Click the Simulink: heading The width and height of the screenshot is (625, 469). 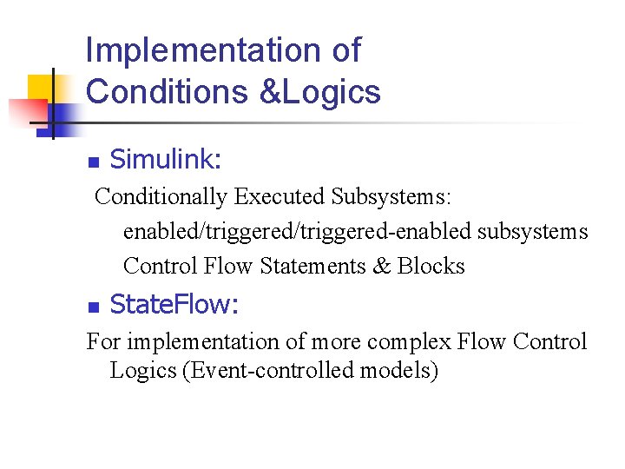(x=166, y=160)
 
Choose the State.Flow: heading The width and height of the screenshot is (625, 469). (x=174, y=305)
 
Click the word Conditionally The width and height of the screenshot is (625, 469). (x=161, y=197)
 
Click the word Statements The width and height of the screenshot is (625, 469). (x=312, y=266)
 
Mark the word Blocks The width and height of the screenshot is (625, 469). (x=431, y=266)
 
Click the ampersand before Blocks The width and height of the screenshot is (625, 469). (x=382, y=266)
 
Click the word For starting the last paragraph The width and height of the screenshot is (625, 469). (x=102, y=341)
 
